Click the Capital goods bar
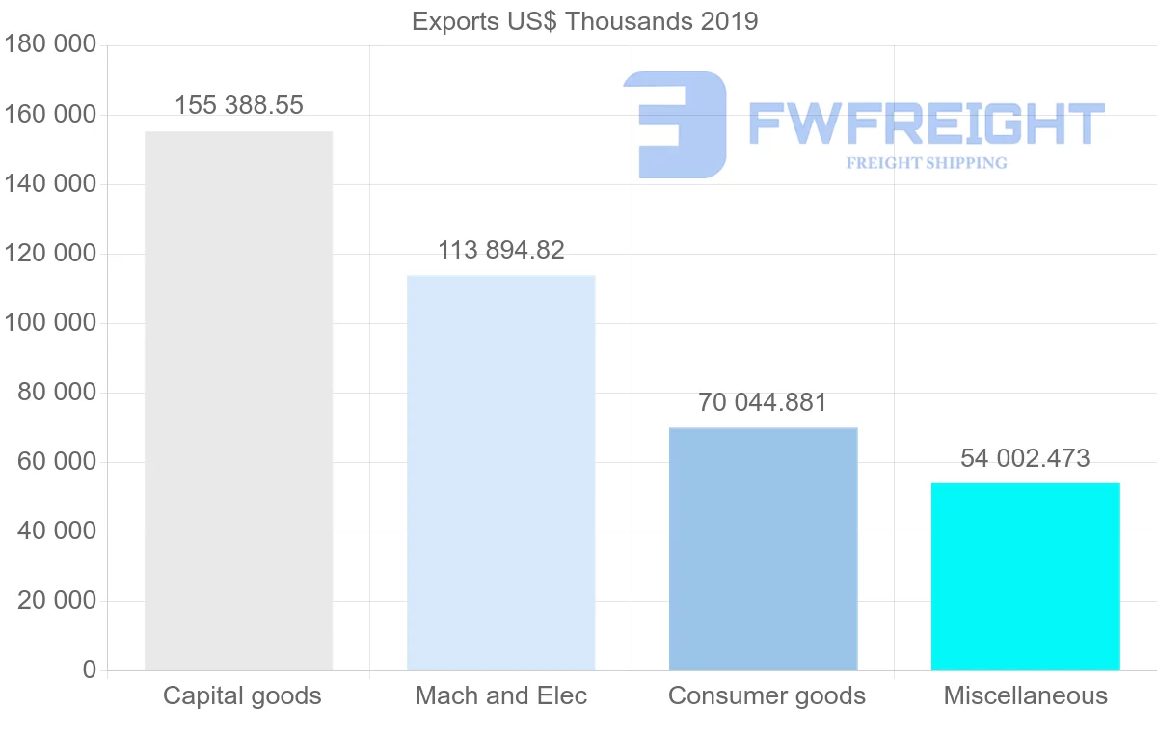238,400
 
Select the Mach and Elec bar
500,473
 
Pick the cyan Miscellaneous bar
1025,576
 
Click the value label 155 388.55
239,106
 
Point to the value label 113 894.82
501,251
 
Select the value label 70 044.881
763,402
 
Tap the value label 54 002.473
1025,458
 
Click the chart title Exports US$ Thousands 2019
584,21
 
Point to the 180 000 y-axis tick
49,45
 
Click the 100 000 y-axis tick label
49,323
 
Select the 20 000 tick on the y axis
57,601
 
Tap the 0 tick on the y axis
90,670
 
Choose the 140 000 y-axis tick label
49,184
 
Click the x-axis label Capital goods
242,696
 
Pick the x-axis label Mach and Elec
501,696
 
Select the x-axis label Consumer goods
767,696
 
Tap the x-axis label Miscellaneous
1026,696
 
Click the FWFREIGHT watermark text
926,124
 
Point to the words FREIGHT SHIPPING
927,163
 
